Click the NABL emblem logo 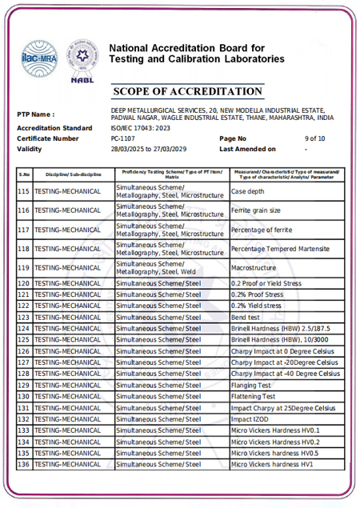coord(81,57)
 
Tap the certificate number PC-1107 coord(123,138)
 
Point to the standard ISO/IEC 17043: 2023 coord(143,128)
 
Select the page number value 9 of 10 coord(314,138)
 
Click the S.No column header coord(24,174)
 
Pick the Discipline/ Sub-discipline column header coord(74,174)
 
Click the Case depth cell coord(250,192)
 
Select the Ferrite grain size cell coord(255,210)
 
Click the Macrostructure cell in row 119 coord(254,267)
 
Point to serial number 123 coord(24,318)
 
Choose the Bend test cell coord(245,318)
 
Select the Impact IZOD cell coord(248,418)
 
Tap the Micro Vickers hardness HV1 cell coord(272,464)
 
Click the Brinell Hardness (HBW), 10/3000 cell coord(278,340)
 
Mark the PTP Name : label coord(36,114)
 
